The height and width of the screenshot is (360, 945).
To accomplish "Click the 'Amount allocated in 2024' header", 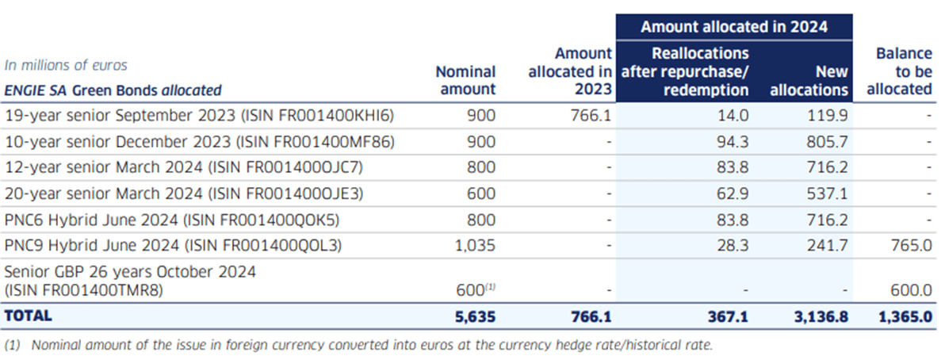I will pos(733,27).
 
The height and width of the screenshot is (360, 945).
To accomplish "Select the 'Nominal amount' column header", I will pos(466,80).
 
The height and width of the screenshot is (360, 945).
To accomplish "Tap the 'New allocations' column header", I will pos(809,80).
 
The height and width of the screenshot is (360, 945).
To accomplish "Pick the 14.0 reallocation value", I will pos(733,116).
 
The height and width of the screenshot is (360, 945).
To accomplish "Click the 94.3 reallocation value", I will pos(733,142).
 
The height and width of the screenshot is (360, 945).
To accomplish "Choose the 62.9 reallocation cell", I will pos(733,193).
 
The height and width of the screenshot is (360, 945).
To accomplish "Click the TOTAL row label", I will pos(29,316).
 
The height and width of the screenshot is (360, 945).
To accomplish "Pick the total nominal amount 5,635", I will pos(476,316).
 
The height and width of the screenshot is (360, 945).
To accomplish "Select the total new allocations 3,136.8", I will pos(822,316).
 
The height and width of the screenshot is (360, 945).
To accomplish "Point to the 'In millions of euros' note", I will pos(66,65).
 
